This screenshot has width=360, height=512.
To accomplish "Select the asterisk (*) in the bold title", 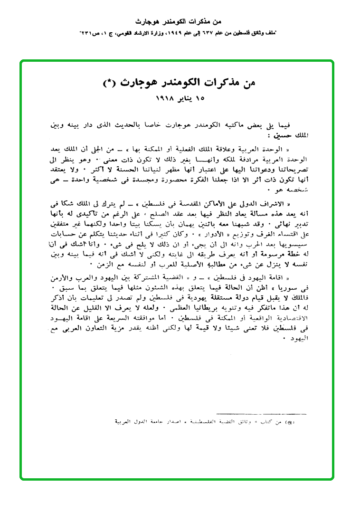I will tap(110, 83).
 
